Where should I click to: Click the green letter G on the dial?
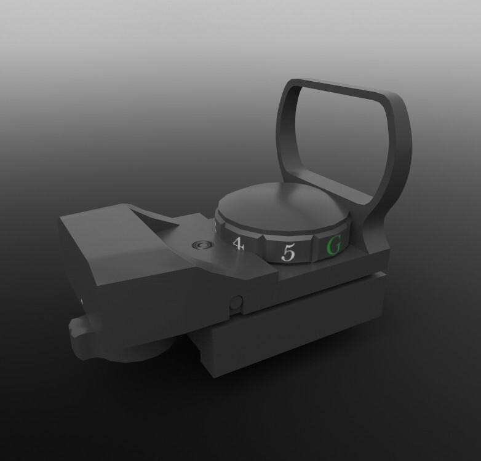[333, 246]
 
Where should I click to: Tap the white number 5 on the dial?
[289, 252]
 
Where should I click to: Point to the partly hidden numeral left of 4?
[215, 228]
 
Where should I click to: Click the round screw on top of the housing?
[200, 245]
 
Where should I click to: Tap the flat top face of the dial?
[280, 209]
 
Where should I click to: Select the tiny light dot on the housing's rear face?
[84, 302]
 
